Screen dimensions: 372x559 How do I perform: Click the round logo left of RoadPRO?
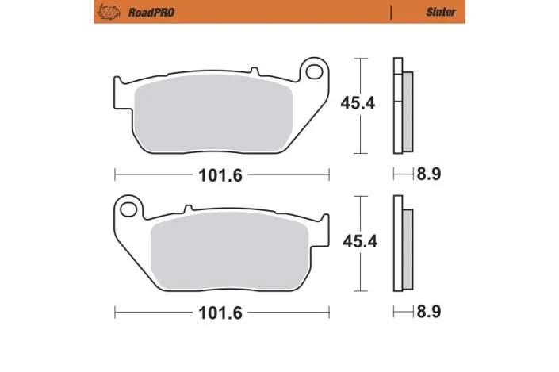(105, 13)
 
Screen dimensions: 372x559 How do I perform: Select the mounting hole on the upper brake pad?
(314, 73)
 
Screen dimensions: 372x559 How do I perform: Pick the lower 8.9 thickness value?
(428, 312)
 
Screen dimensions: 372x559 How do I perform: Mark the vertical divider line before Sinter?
(392, 13)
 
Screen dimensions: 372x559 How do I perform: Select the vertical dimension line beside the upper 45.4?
(362, 105)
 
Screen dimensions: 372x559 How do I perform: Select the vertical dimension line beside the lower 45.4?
(362, 242)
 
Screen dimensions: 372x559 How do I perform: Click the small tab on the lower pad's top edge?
(187, 209)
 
